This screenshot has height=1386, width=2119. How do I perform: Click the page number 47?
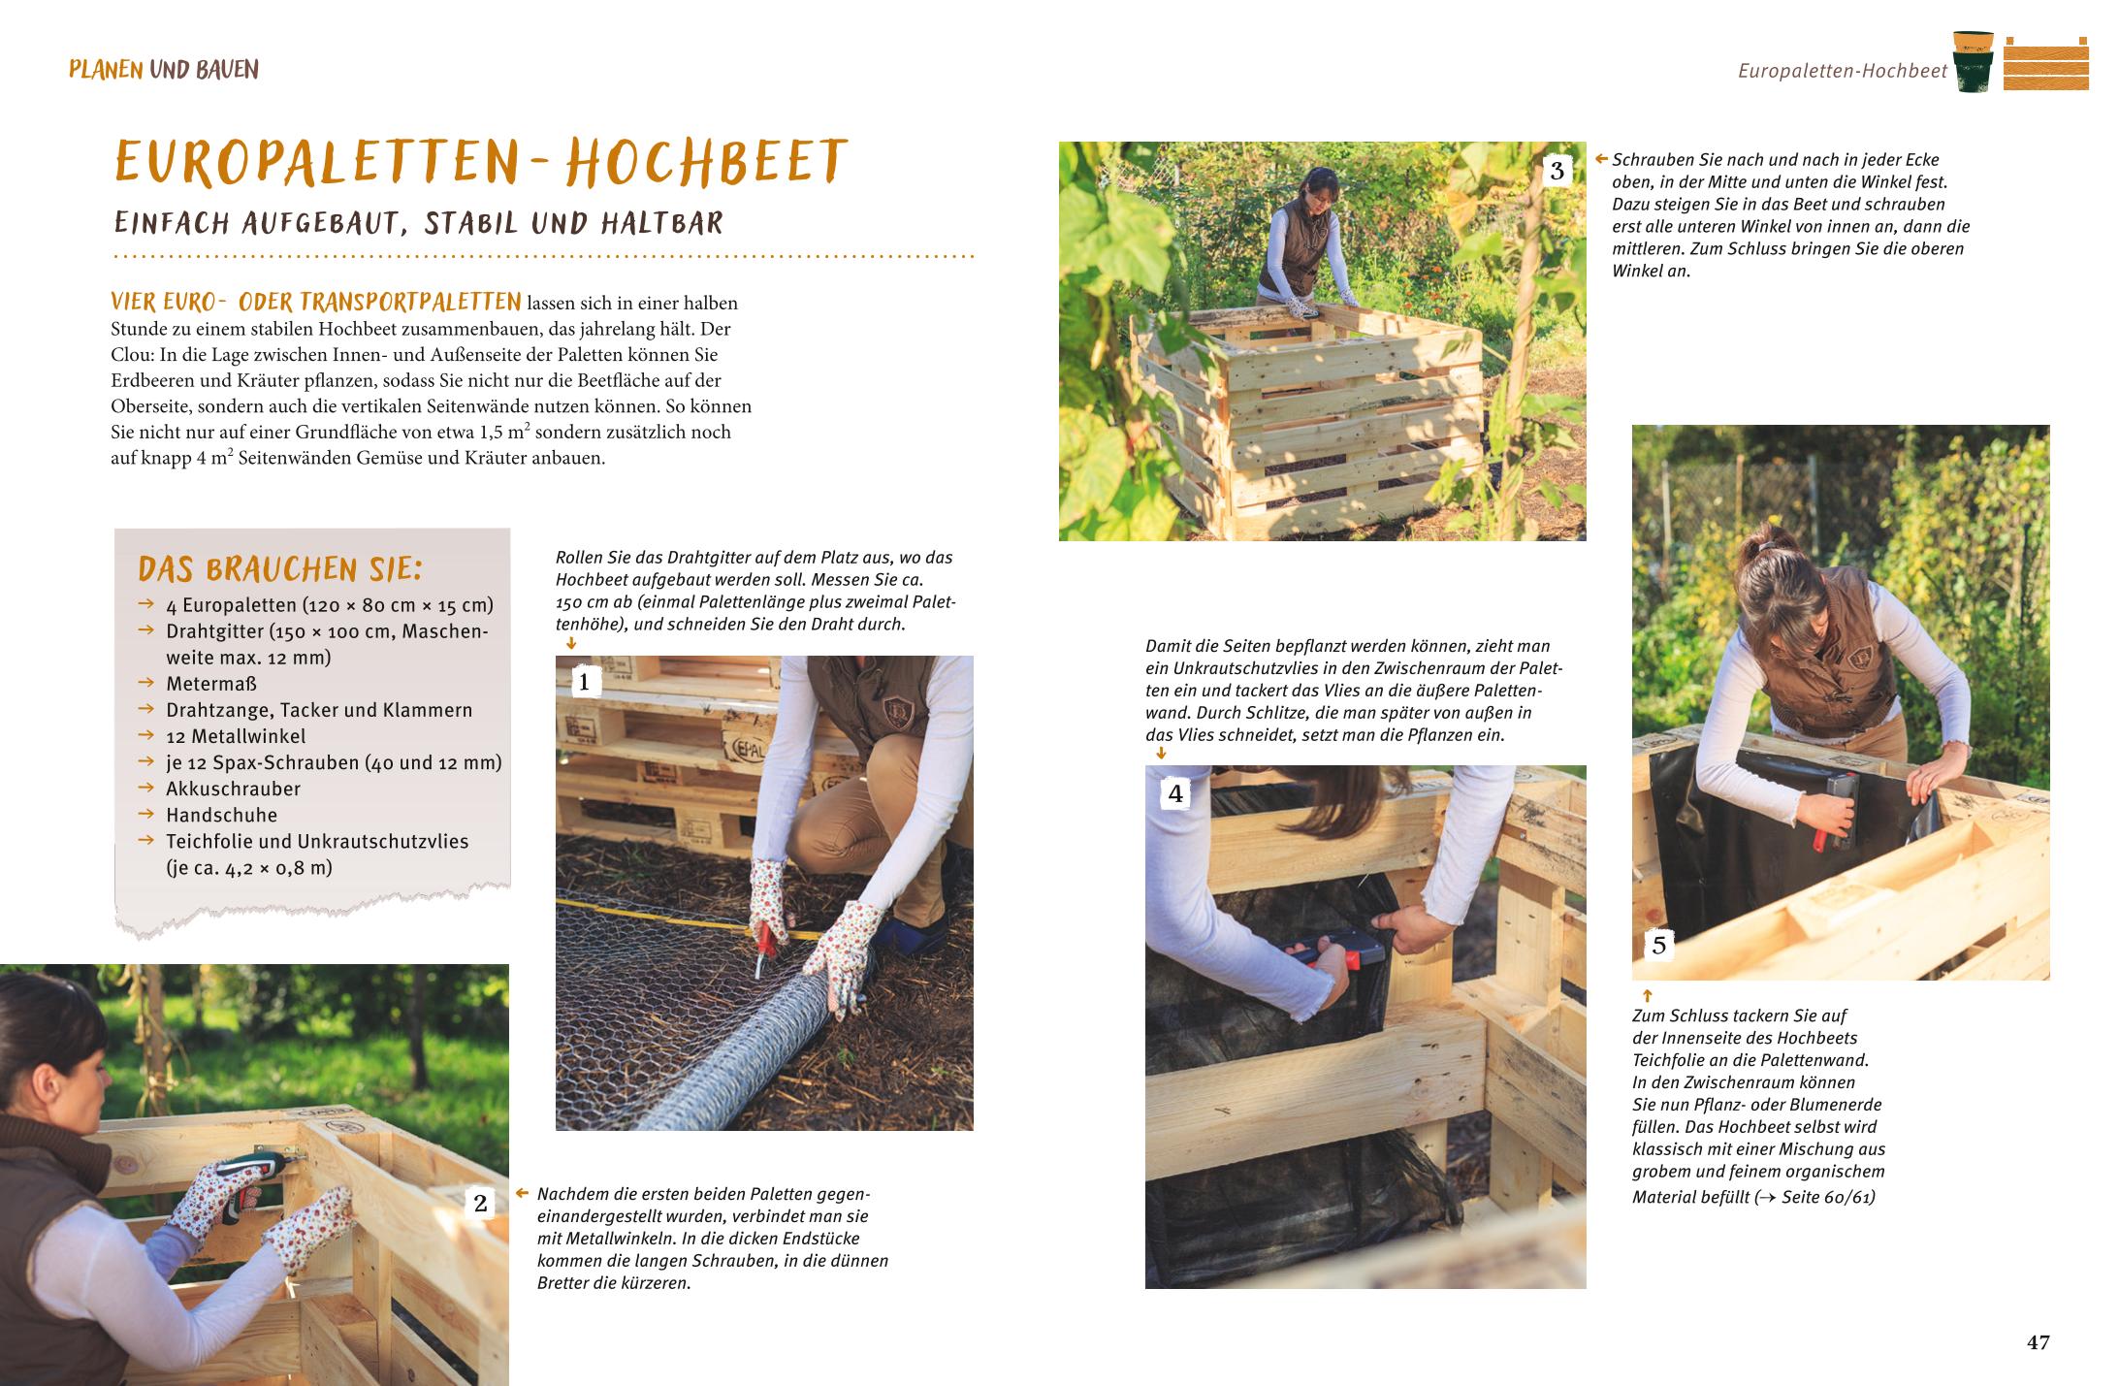click(x=2038, y=1342)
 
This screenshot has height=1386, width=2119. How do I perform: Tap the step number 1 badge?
click(x=584, y=683)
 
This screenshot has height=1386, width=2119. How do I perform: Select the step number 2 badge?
click(x=480, y=1204)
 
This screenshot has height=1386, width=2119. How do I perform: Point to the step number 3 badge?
click(x=1557, y=172)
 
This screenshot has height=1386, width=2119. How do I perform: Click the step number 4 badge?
click(x=1175, y=794)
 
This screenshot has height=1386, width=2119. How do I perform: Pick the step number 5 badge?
click(x=1659, y=945)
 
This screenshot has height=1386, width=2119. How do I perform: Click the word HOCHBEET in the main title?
click(x=706, y=162)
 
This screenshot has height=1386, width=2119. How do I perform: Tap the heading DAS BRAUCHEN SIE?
click(x=280, y=568)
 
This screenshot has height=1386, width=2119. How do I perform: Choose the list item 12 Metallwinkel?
click(x=236, y=736)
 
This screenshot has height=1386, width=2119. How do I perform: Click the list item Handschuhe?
click(x=221, y=815)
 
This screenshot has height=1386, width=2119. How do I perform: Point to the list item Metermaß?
click(x=211, y=684)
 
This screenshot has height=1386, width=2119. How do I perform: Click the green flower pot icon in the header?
click(x=1974, y=61)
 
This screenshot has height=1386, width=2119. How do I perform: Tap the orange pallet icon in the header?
click(x=2045, y=63)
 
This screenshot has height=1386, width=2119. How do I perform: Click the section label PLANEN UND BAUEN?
click(x=164, y=70)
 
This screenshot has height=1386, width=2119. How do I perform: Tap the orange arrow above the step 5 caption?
click(x=1647, y=995)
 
